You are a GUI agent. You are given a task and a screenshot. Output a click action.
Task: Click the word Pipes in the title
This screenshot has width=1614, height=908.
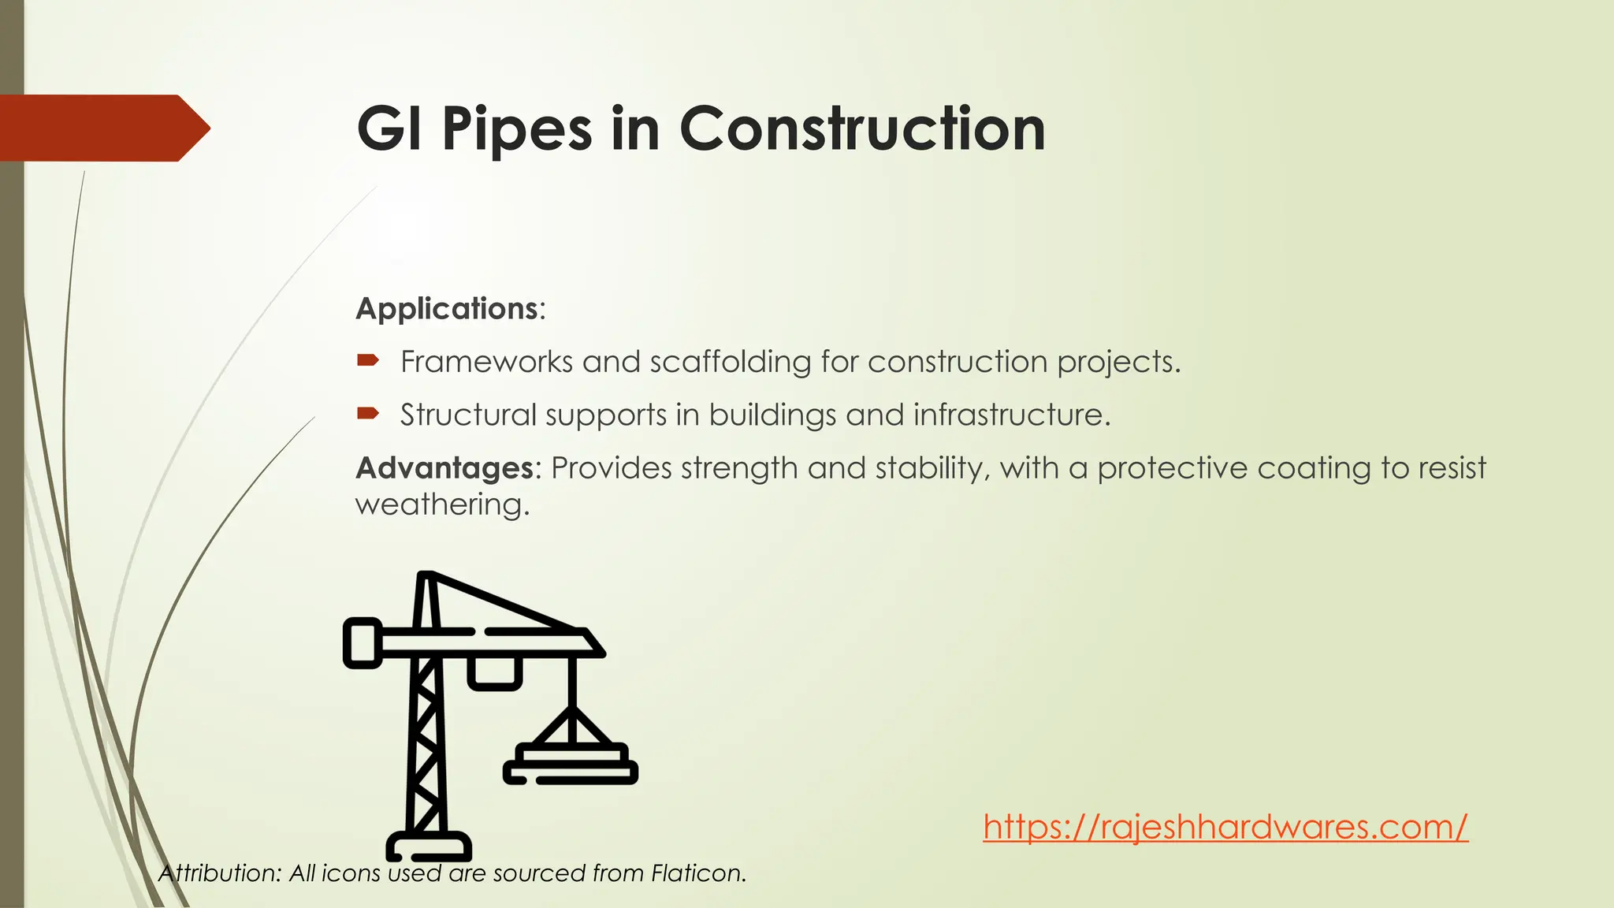pos(516,129)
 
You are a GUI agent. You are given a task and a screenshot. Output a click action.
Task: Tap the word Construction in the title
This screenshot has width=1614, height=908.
pos(862,129)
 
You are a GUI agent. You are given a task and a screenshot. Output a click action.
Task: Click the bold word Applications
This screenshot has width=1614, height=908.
pos(447,308)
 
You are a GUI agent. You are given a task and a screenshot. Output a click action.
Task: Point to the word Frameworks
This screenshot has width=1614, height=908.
pos(486,362)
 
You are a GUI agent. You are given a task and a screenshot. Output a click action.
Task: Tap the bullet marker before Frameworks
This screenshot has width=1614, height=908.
pos(368,361)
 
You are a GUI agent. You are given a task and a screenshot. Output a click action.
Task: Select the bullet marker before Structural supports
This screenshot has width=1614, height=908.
pos(368,413)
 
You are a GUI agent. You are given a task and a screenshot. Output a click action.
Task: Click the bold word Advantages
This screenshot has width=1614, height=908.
pos(445,468)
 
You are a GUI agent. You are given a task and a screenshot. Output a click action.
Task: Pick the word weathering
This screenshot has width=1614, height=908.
pos(441,504)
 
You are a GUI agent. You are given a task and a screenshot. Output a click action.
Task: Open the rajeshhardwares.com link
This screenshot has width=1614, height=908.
pos(1225,827)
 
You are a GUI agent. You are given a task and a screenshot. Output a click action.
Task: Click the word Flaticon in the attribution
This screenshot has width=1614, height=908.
pos(698,873)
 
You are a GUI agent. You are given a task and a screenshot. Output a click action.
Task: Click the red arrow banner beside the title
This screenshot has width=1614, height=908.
pos(102,128)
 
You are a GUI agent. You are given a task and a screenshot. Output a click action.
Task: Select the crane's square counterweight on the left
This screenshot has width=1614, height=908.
pos(363,643)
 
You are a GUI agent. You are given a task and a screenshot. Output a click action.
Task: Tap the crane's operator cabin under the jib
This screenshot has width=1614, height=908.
pos(495,673)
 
